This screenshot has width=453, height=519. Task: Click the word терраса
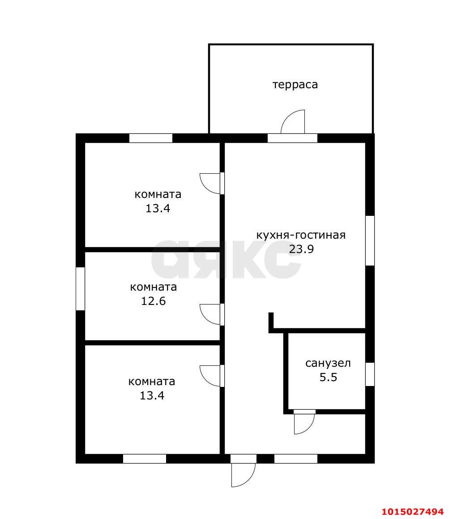point(295,85)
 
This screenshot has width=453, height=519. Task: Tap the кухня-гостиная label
point(301,235)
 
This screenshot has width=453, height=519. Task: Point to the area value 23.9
point(301,249)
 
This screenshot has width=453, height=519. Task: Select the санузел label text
point(328,363)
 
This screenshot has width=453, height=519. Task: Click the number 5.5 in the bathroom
point(328,377)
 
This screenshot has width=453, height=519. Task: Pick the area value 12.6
point(154,301)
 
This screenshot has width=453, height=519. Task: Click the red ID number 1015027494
point(412,511)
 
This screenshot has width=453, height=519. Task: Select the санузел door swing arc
point(304,423)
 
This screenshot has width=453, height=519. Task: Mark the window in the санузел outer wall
point(370,374)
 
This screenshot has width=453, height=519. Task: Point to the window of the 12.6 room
point(81,289)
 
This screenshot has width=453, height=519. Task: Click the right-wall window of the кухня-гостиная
point(370,241)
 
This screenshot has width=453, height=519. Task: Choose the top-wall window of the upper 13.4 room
point(151,138)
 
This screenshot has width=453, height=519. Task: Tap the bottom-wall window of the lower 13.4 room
point(145,459)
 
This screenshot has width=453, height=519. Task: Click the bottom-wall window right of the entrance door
point(295,459)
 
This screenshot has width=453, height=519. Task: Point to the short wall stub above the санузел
point(271,322)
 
